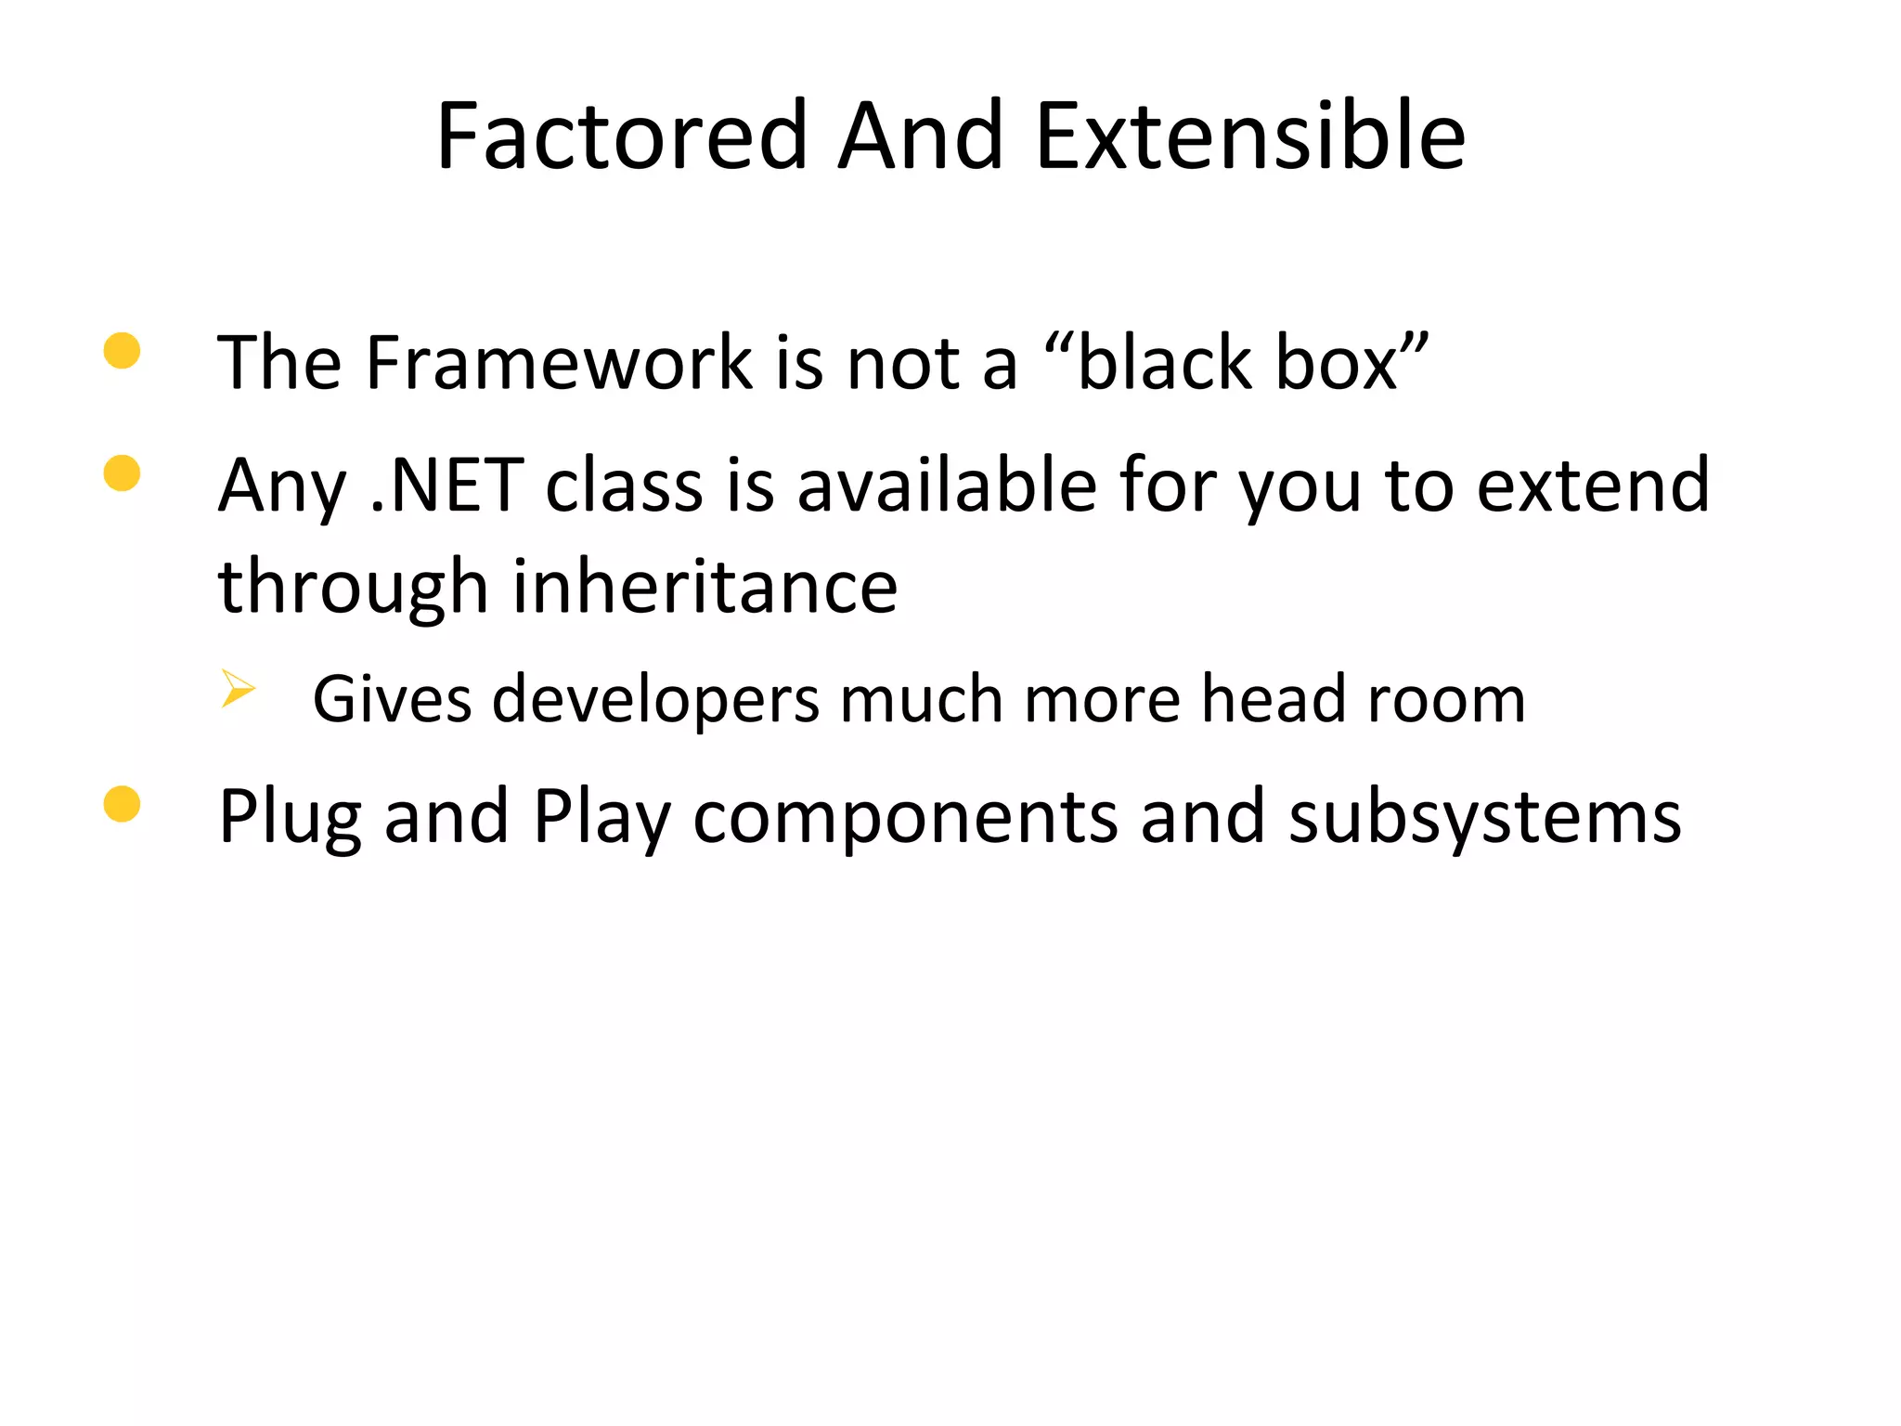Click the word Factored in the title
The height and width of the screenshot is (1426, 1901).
[622, 136]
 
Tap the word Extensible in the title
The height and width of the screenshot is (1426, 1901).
[1249, 136]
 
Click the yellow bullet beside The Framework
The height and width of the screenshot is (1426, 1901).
[123, 351]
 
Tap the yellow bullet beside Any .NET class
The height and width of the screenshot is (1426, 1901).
[123, 473]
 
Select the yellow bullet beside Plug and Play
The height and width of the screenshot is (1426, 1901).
[123, 804]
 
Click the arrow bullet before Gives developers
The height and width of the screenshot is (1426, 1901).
[238, 689]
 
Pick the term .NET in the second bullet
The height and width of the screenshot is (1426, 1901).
[446, 486]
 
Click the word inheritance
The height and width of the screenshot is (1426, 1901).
[705, 588]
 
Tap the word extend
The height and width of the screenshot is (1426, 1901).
[1593, 486]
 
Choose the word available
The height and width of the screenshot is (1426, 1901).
[947, 486]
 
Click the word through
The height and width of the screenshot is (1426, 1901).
[353, 588]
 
